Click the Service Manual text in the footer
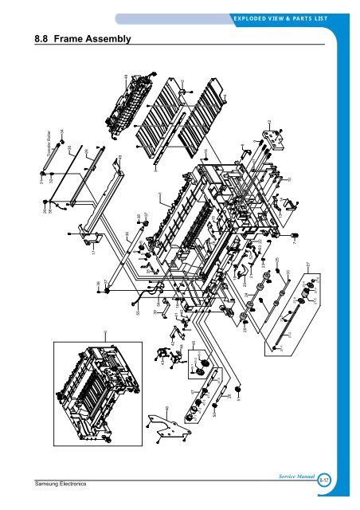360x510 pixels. coord(295,476)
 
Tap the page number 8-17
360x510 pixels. coord(325,481)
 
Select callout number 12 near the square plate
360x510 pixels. coord(270,121)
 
